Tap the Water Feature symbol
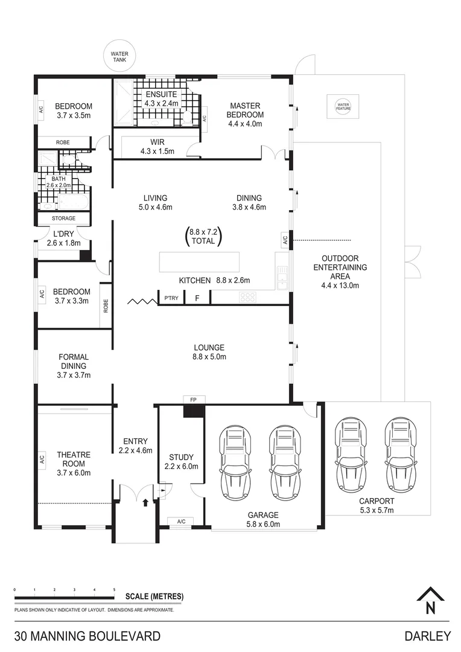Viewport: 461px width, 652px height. [343, 106]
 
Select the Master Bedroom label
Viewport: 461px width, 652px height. [245, 110]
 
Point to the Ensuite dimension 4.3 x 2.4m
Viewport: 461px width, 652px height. [161, 104]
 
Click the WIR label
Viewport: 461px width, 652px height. [157, 142]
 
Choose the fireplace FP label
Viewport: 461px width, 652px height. [193, 400]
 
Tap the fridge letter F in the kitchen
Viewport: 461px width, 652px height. [197, 298]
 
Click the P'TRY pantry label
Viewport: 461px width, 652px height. [171, 298]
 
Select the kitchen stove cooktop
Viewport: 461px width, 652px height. [247, 297]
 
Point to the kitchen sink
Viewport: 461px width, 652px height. [283, 277]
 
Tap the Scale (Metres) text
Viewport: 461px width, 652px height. [154, 596]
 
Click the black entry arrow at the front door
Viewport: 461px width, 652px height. [145, 503]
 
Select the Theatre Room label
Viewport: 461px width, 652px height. [74, 459]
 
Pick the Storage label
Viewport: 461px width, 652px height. [63, 219]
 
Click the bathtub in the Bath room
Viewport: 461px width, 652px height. [73, 202]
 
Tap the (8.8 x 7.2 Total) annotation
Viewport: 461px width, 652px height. [203, 237]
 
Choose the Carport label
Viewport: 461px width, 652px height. [377, 501]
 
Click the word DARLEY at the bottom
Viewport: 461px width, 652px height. [428, 636]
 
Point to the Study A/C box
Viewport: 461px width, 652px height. [181, 522]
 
